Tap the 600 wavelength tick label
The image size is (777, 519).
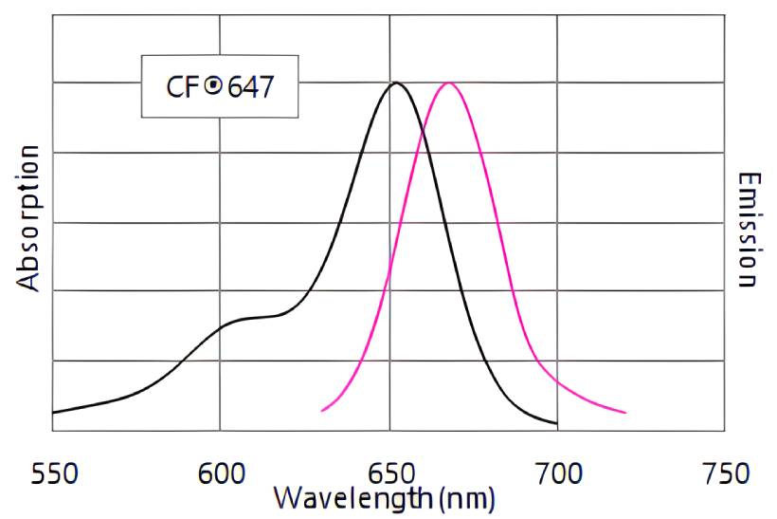pyautogui.click(x=220, y=473)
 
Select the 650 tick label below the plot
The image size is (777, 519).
pyautogui.click(x=388, y=473)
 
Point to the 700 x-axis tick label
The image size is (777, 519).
pyautogui.click(x=557, y=473)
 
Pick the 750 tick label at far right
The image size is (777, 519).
pyautogui.click(x=724, y=473)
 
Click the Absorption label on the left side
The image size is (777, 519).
pyautogui.click(x=29, y=218)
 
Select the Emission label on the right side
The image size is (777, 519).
pyautogui.click(x=749, y=230)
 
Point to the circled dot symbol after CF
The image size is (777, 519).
pyautogui.click(x=214, y=86)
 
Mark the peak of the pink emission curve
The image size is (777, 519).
pyautogui.click(x=448, y=83)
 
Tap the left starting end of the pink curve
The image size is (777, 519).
pyautogui.click(x=322, y=411)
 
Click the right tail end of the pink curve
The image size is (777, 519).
pyautogui.click(x=625, y=413)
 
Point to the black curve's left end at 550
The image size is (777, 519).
pyautogui.click(x=52, y=413)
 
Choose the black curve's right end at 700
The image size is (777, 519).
pyautogui.click(x=556, y=423)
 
